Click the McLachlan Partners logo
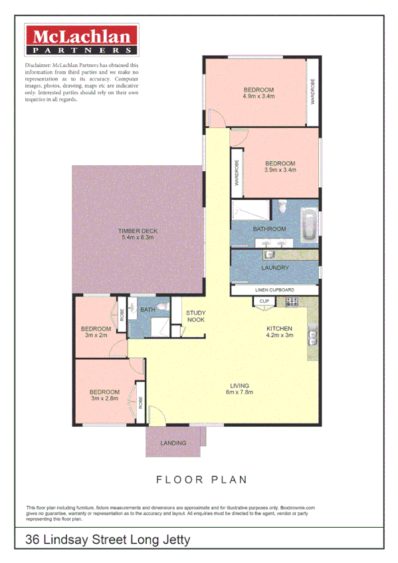coord(81,40)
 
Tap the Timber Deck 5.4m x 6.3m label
coord(138,234)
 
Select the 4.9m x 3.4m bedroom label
coord(258,93)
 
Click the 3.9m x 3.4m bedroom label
coord(280,167)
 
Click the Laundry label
coord(274,268)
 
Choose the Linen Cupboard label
coord(274,291)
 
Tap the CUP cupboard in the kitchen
coord(263,302)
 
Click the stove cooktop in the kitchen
coord(292,302)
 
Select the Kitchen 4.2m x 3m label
coord(279,332)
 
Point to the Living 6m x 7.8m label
coord(239,388)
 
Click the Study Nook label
coord(195,316)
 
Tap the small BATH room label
coord(148,309)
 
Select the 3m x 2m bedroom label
coord(96,332)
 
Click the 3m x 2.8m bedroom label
coord(105,395)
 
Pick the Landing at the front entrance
coord(173,443)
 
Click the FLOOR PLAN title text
coord(201,479)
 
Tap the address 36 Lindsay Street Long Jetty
coord(108,539)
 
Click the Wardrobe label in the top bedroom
coord(312,92)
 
